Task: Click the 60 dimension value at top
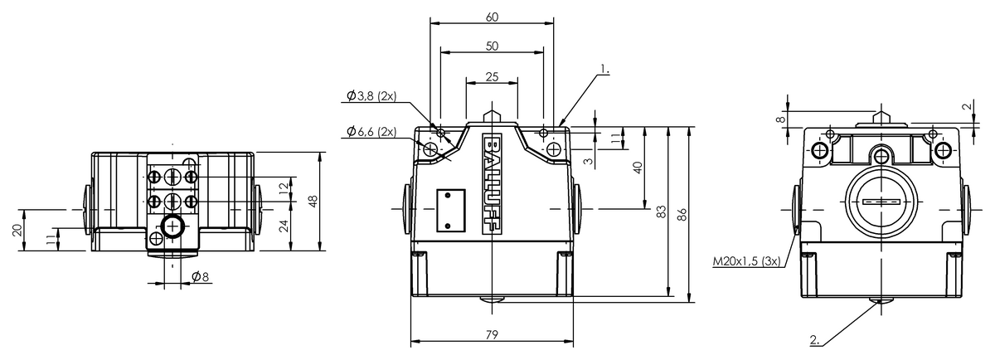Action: [x=492, y=17]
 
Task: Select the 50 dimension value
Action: [x=492, y=46]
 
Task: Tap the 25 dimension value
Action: [x=492, y=77]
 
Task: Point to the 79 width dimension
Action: [x=492, y=334]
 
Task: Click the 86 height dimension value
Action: [x=682, y=215]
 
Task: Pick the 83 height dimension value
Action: [x=662, y=212]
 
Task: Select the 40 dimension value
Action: [x=638, y=168]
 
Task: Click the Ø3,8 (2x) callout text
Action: [x=371, y=96]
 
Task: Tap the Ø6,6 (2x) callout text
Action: [x=371, y=131]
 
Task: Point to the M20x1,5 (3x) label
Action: [x=746, y=261]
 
